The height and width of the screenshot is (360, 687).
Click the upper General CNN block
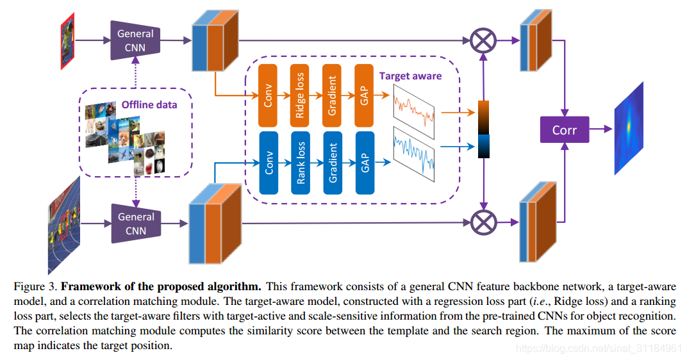point(136,40)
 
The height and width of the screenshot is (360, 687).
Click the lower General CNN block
point(136,224)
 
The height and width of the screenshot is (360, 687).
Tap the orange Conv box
point(267,95)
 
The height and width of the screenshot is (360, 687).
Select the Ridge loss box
point(300,95)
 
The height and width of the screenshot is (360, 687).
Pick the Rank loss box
point(300,163)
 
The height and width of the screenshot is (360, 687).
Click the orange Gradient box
point(333,95)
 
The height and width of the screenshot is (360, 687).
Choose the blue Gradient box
point(333,163)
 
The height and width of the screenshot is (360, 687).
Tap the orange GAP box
point(365,95)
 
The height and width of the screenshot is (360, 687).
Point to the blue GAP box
point(365,163)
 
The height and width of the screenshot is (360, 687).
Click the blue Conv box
point(267,163)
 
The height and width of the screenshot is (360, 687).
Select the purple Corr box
point(564,130)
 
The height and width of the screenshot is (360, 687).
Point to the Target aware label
point(410,76)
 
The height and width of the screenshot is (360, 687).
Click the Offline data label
point(149,104)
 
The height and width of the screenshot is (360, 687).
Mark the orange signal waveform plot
point(413,107)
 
